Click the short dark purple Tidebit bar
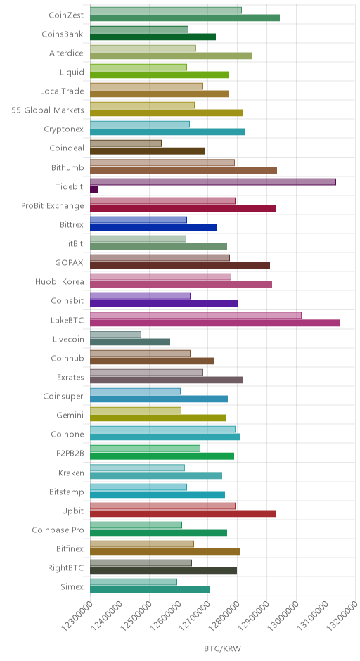(x=94, y=189)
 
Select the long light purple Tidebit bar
(x=213, y=181)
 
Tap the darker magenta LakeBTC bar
(x=214, y=323)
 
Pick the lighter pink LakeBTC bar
(x=195, y=315)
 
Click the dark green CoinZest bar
(x=185, y=18)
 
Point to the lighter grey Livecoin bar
(x=115, y=334)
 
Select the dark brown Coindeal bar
(x=147, y=151)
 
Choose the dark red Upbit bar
(x=183, y=513)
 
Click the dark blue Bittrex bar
(x=153, y=227)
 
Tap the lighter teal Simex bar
(x=134, y=582)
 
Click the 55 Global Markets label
(x=48, y=110)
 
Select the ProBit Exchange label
(x=53, y=206)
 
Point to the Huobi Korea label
(x=60, y=281)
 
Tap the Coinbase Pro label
(x=58, y=530)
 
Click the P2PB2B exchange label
(x=70, y=454)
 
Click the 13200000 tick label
(x=342, y=616)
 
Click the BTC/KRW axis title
(x=223, y=648)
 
